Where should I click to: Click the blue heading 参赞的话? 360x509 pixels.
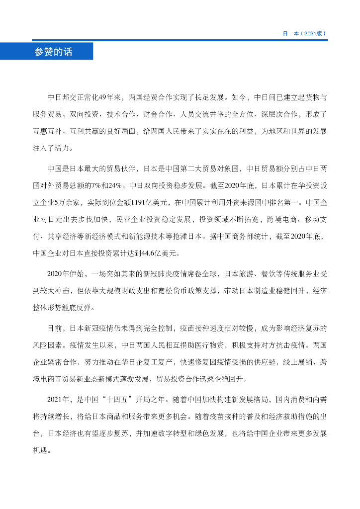[53, 52]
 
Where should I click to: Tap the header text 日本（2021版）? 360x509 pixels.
[304, 34]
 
